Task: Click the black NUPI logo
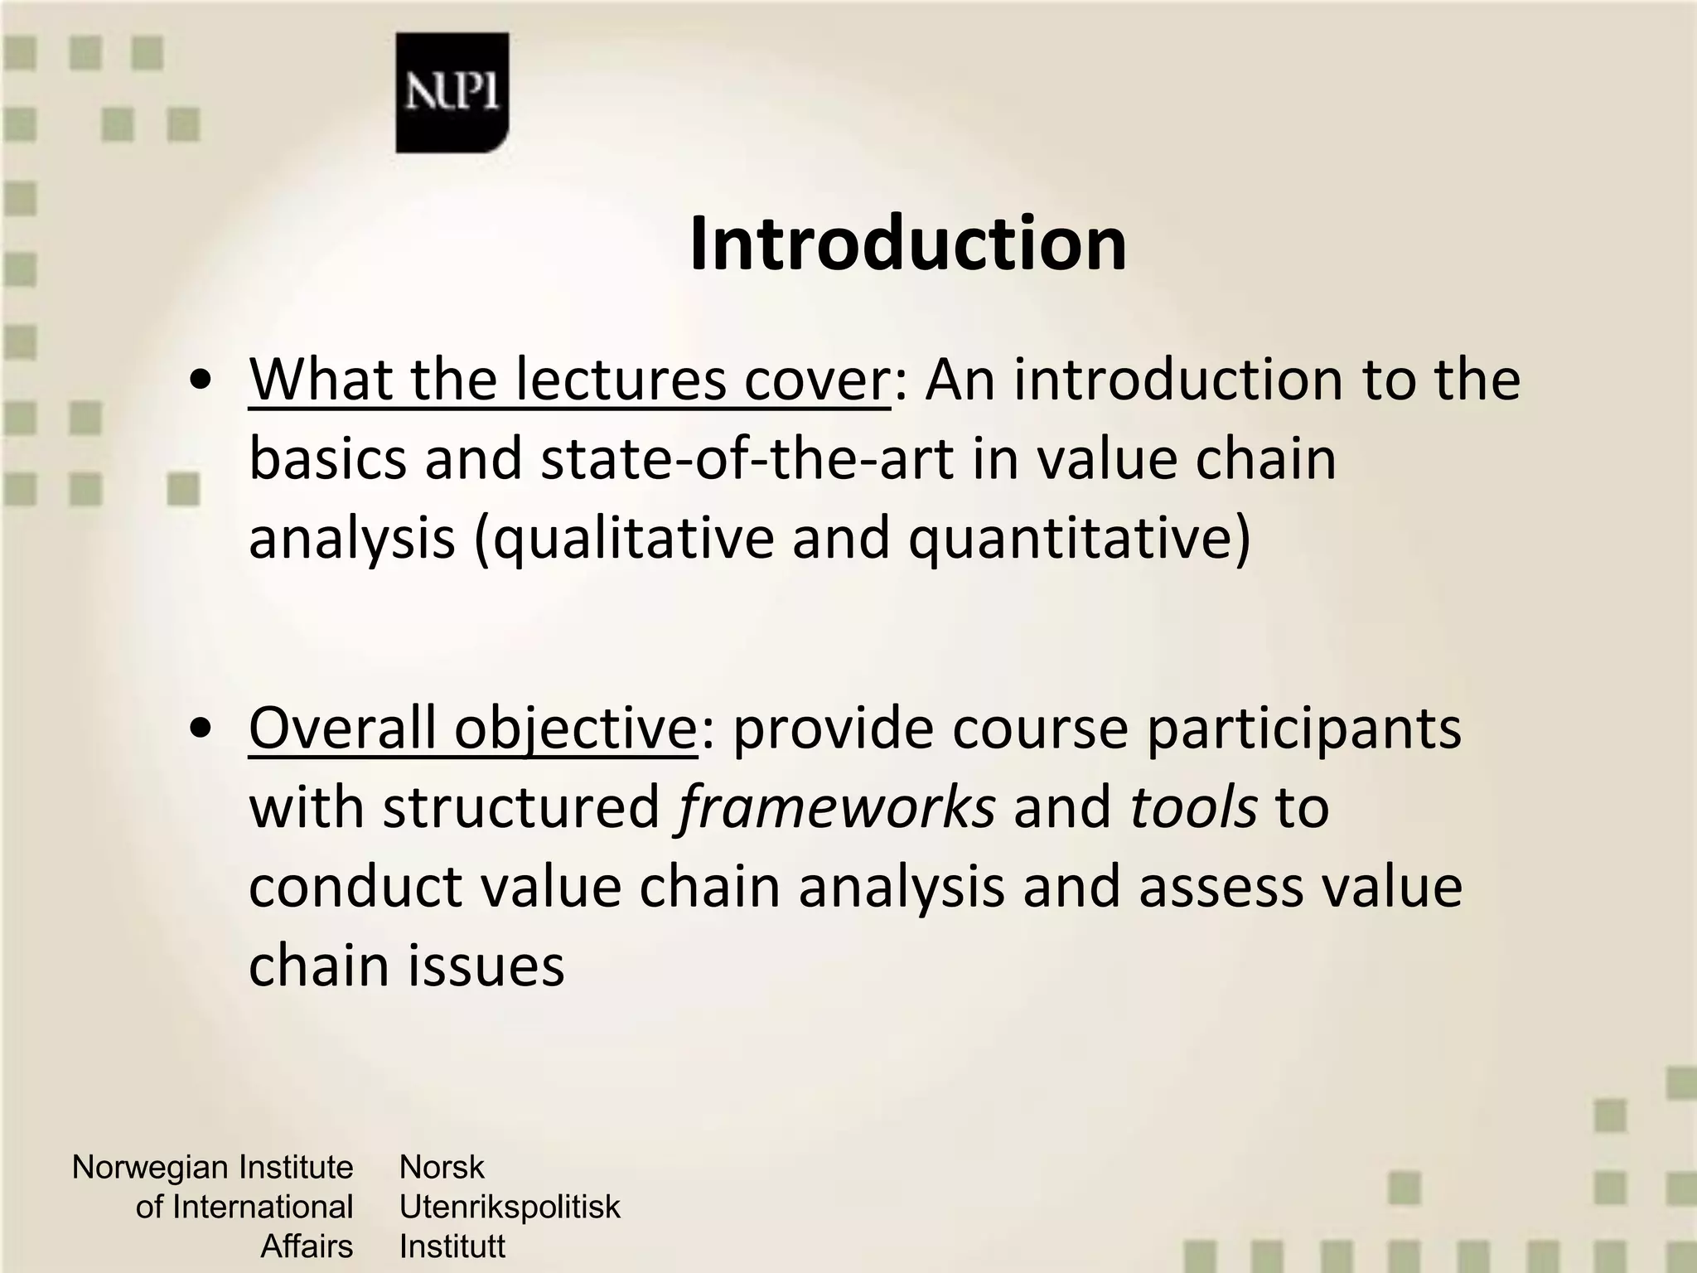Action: [452, 93]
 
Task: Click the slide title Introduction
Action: [907, 244]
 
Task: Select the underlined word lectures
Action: [620, 380]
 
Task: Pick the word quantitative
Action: [1077, 539]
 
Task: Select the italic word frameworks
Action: [835, 807]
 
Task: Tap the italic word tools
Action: [1193, 807]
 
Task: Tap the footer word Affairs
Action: [307, 1246]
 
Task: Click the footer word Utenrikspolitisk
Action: [509, 1207]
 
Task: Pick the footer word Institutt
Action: [452, 1246]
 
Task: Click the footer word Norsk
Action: [441, 1168]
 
